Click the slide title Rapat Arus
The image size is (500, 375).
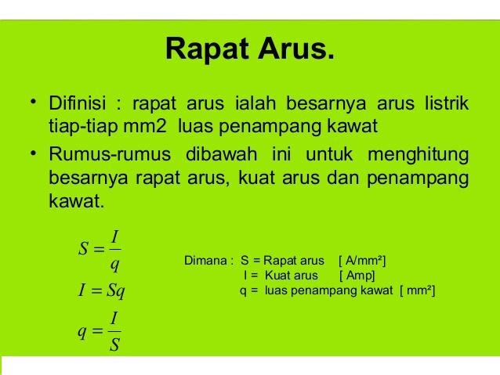250,49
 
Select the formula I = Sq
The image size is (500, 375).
102,292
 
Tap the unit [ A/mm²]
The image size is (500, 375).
362,260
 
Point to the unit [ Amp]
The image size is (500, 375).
357,276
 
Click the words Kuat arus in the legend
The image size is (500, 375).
292,276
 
